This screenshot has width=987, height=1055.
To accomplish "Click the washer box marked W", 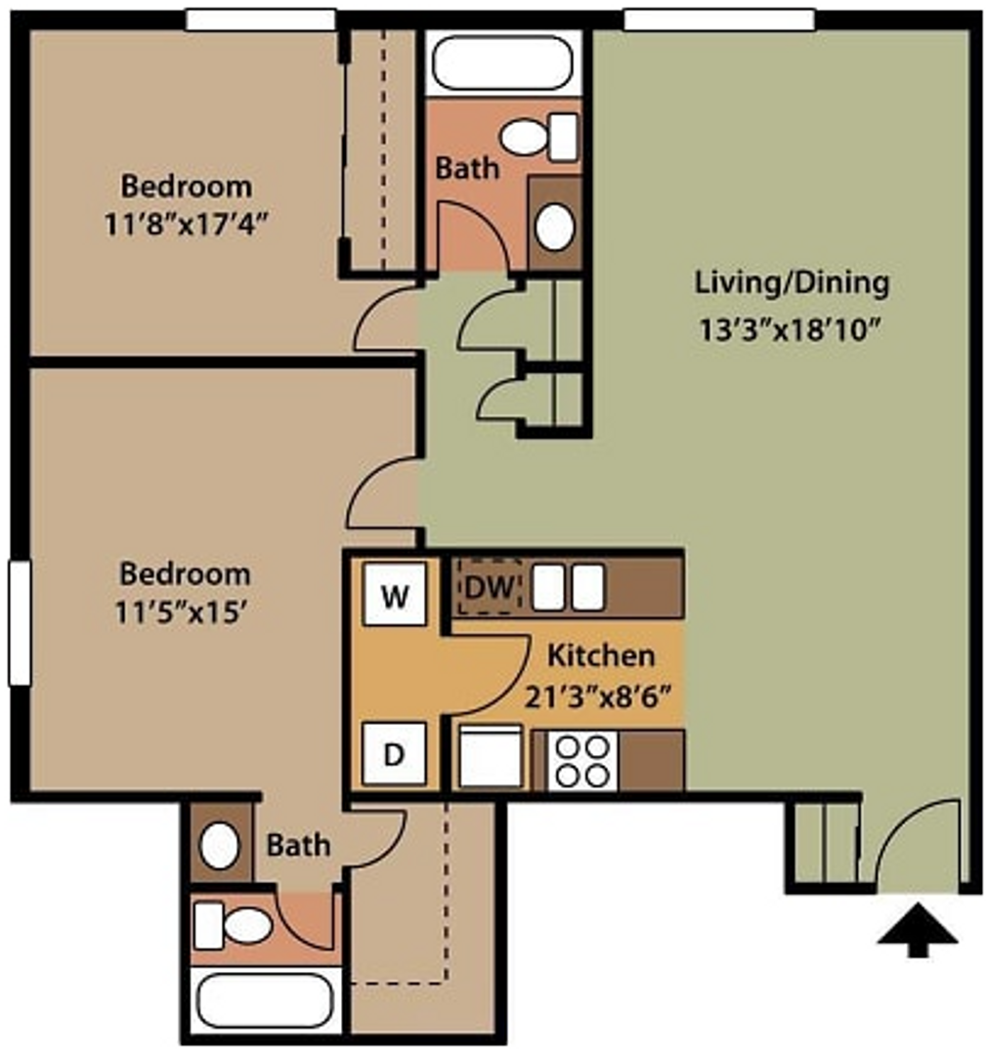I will (395, 594).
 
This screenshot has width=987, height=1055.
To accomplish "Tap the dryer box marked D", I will (395, 754).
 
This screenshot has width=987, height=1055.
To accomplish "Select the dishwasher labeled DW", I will (490, 587).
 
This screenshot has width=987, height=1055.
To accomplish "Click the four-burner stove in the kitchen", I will (582, 761).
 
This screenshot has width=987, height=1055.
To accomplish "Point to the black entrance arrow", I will (917, 935).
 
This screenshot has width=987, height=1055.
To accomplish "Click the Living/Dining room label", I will (792, 283).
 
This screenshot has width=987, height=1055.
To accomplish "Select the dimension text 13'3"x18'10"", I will (792, 329).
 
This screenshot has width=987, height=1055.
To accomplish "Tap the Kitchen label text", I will (600, 654).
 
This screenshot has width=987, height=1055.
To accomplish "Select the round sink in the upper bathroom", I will (554, 227).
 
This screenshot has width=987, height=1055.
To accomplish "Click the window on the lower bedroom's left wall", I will (20, 623).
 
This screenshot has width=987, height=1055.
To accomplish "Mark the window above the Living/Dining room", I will (718, 20).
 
